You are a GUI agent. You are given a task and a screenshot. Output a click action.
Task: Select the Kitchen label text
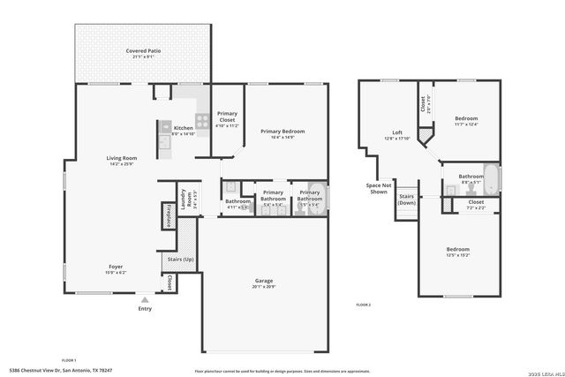click(x=183, y=127)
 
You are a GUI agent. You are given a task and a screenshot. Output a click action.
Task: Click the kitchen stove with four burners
click(x=201, y=121)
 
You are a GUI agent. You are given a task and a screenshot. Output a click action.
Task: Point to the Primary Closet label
click(x=227, y=117)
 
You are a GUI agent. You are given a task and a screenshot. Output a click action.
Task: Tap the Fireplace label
click(x=168, y=215)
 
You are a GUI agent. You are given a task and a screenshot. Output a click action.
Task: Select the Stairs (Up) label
click(x=180, y=259)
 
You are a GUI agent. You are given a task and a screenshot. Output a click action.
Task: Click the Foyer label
click(x=116, y=266)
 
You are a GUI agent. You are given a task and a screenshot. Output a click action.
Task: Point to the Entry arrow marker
click(x=144, y=300)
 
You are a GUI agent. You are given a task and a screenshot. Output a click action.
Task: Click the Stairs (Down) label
click(x=407, y=200)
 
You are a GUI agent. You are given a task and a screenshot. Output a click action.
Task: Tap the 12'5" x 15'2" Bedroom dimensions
click(x=457, y=255)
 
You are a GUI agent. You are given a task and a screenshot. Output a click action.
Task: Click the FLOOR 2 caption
click(x=363, y=304)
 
